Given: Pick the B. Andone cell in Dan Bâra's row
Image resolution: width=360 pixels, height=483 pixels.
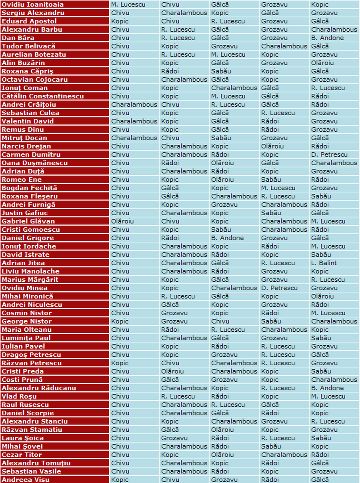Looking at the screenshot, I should coord(327,38).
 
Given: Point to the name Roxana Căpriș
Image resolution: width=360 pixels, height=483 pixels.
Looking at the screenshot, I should coord(27,71).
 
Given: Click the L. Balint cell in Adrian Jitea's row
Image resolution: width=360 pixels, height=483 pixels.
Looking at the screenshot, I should coord(324,263).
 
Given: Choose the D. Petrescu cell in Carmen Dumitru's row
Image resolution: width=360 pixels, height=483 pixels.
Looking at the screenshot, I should coord(329,154).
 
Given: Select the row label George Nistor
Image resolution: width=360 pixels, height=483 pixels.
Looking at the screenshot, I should coord(27,321).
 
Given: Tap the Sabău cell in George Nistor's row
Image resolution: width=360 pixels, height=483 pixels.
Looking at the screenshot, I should coord(271,321).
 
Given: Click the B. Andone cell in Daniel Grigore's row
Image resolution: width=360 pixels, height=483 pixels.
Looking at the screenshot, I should coord(227,238).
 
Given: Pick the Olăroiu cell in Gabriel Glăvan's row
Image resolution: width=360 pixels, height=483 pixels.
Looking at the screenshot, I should coord(122,221).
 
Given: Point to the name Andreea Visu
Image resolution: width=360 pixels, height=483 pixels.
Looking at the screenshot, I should coord(26,480).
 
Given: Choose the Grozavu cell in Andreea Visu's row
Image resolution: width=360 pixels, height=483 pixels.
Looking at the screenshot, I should coord(224,480).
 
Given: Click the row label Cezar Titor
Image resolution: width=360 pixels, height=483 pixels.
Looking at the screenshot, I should coord(22,455).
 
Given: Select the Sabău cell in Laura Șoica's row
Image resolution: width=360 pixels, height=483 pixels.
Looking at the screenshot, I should coord(321,438).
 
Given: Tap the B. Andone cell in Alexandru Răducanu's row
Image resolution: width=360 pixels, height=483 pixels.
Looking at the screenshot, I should coord(327,388).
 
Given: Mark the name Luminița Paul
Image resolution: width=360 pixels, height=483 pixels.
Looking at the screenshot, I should coord(26,338).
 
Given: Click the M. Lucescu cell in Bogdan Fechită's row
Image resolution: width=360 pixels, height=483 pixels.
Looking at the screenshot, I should coord(278,188).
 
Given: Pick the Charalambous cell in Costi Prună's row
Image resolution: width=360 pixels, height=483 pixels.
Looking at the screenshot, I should coord(334,379).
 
